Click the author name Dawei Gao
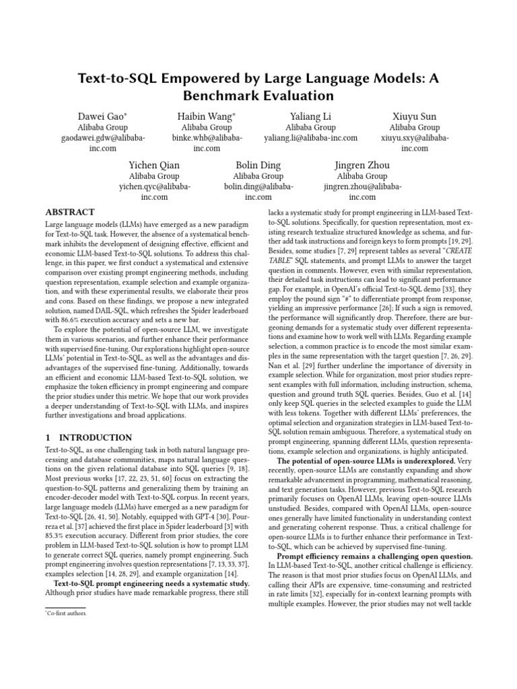pos(102,116)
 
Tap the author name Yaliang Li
pos(310,116)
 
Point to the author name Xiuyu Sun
pos(415,116)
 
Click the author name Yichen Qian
pos(154,166)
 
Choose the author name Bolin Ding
pos(258,166)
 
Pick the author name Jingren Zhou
pos(362,166)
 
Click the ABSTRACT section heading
pos(70,211)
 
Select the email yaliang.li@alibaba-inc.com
pos(310,138)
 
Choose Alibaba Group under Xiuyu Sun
pos(415,127)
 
